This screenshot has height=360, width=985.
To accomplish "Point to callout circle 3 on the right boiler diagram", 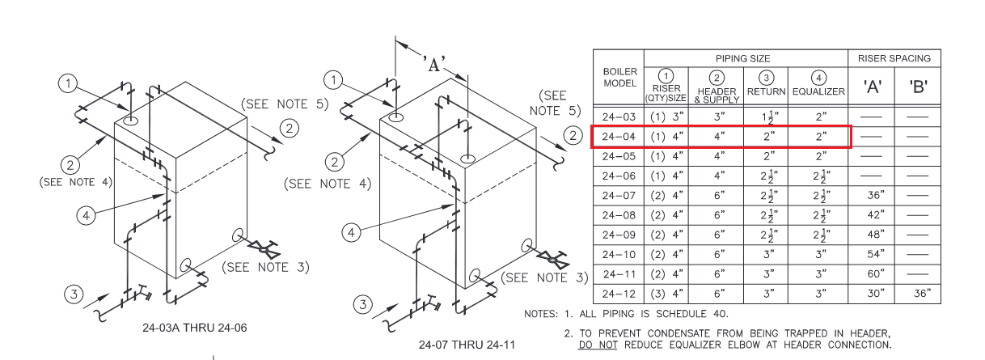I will tap(364, 306).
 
